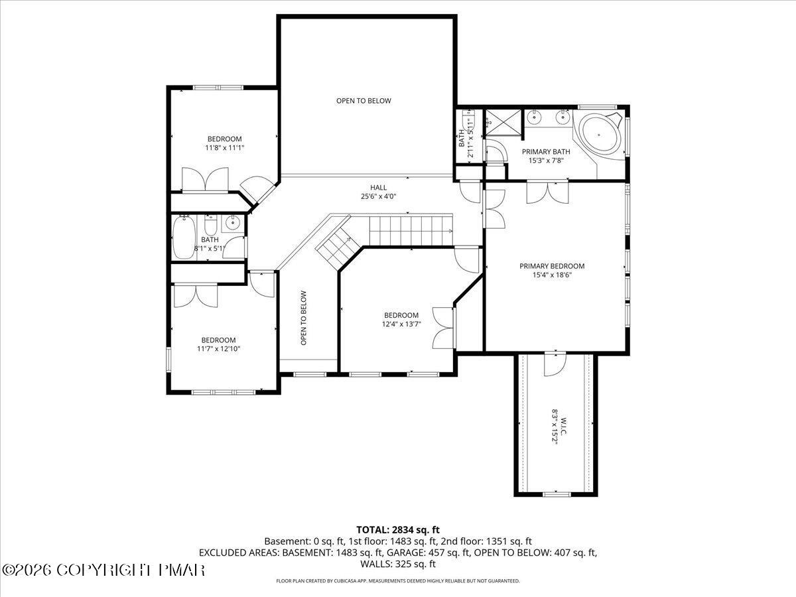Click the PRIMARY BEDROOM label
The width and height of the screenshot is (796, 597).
click(552, 266)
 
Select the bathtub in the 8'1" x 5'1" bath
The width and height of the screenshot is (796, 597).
click(184, 237)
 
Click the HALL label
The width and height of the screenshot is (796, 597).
click(378, 188)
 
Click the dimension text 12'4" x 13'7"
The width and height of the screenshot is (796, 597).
click(401, 324)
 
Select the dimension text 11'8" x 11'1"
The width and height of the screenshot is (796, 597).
click(224, 148)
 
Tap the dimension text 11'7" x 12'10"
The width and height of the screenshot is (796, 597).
click(218, 348)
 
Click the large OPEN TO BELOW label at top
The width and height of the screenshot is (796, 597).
click(364, 101)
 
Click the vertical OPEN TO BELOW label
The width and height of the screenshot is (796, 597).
click(303, 318)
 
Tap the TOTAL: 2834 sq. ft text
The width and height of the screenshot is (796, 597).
click(398, 529)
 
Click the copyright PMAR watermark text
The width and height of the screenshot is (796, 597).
click(104, 570)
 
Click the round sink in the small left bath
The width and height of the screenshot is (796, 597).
click(232, 224)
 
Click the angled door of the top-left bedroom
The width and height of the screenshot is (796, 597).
click(255, 190)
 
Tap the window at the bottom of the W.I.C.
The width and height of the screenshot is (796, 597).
click(557, 494)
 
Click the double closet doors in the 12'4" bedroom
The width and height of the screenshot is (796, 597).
click(442, 327)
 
